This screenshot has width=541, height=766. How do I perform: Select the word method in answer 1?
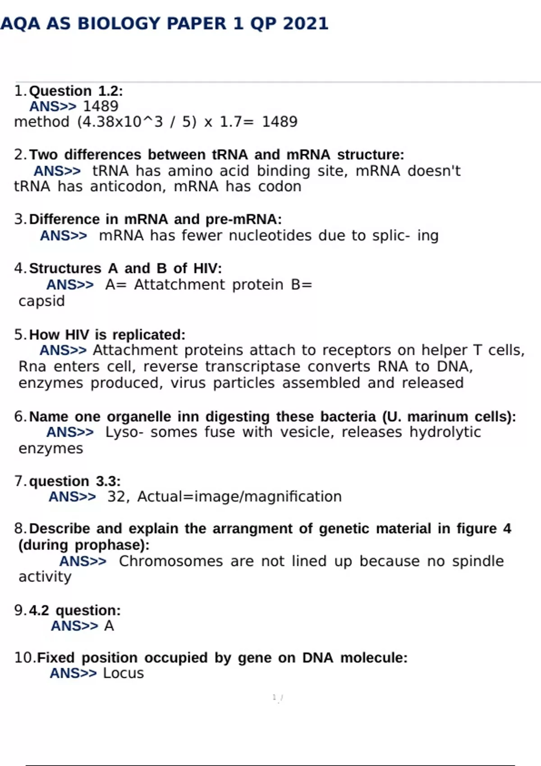41,122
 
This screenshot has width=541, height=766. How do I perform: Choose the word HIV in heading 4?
207,269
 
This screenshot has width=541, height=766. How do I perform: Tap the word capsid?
41,301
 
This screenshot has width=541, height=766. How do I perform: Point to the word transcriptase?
252,367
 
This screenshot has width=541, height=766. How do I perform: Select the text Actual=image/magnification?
239,497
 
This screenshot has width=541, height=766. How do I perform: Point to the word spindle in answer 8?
478,561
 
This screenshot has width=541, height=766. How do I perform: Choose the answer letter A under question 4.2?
109,626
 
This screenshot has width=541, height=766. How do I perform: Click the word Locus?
123,673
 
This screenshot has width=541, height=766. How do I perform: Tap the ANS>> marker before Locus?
73,673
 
